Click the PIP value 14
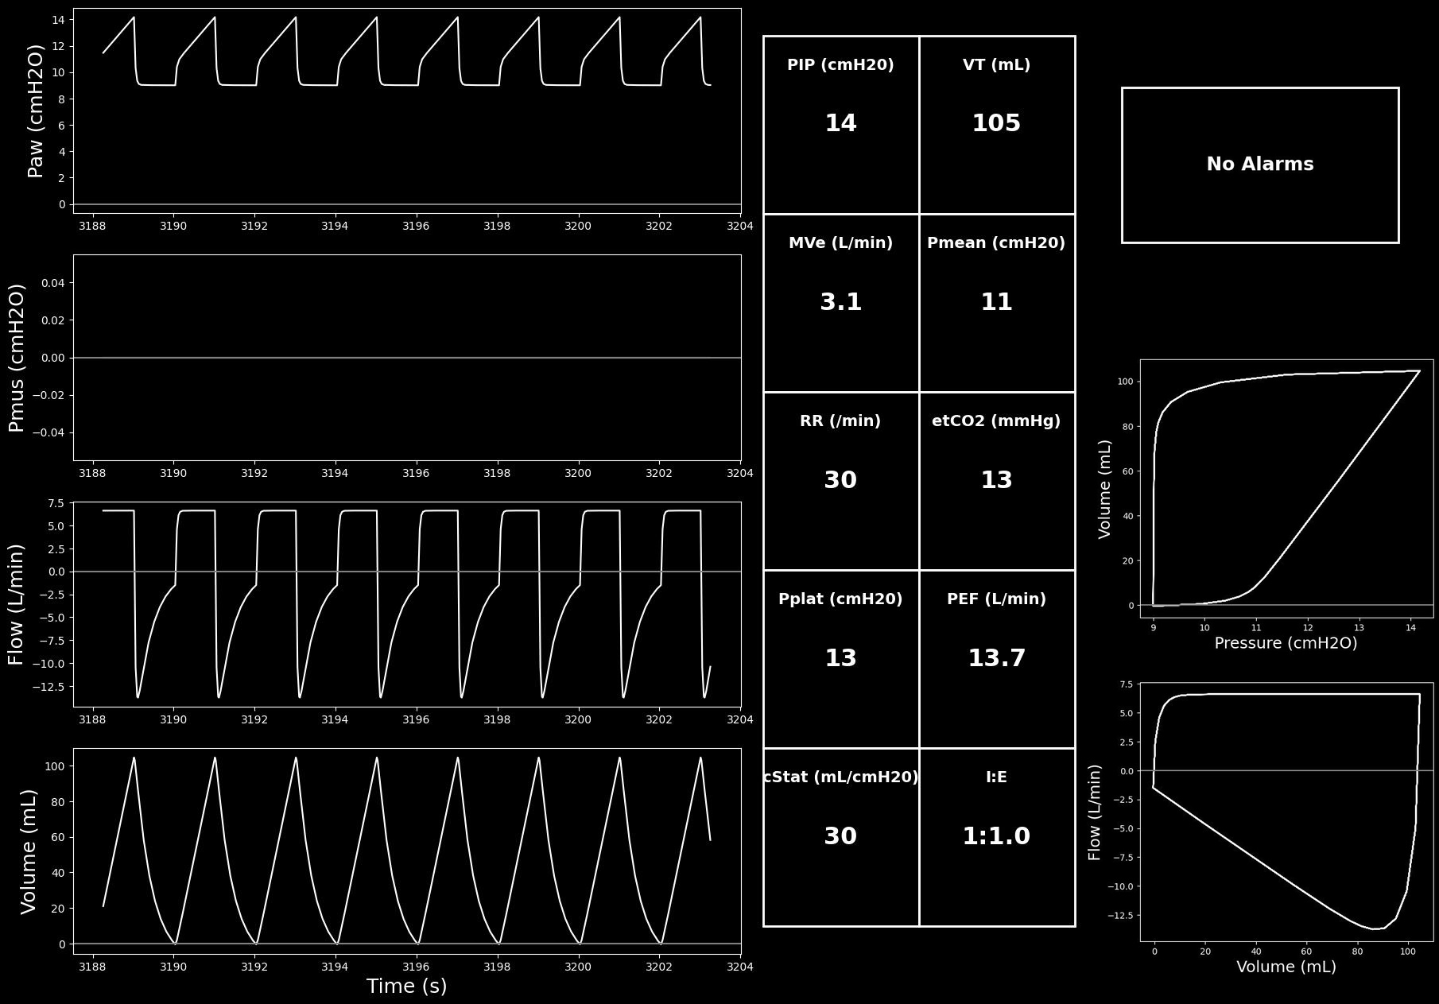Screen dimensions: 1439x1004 840,123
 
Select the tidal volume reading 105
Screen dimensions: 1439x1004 996,123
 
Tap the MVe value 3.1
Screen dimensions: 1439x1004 840,302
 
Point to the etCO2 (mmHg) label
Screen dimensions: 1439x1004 996,421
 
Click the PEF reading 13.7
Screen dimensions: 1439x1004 996,658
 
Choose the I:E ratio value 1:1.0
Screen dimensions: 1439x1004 996,836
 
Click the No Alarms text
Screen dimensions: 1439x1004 1260,164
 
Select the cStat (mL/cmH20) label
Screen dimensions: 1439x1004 840,777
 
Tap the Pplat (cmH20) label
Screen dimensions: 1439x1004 840,599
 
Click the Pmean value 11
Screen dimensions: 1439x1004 996,302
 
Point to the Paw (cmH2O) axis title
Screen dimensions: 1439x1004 36,110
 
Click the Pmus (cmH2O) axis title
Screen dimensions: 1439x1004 17,358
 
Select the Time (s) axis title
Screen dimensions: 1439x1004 406,986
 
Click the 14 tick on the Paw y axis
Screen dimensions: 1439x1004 59,20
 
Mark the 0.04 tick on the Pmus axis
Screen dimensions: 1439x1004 53,283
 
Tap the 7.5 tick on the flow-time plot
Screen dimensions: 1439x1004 56,503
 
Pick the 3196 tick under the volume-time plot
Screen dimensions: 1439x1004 416,967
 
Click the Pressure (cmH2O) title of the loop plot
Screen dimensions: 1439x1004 1286,643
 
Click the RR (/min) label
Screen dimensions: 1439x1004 840,421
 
